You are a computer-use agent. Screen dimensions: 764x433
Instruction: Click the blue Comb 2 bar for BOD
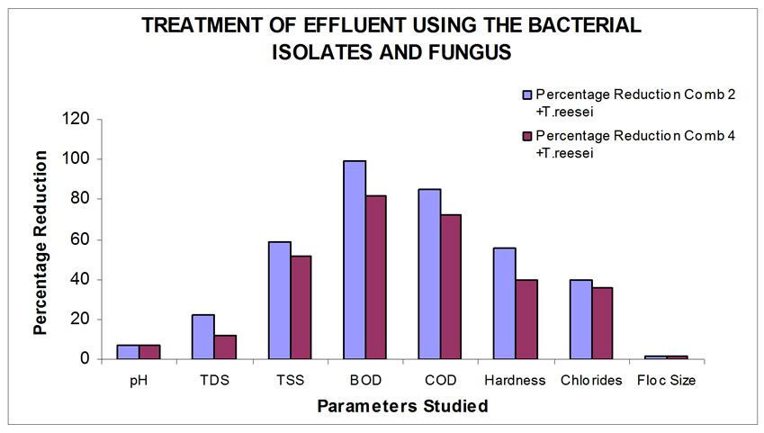tap(355, 260)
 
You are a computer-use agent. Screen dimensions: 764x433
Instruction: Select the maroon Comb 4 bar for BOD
tap(376, 277)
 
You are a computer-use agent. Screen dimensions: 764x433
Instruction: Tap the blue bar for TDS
tap(203, 337)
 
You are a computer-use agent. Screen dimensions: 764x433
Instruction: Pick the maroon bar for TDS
tap(225, 347)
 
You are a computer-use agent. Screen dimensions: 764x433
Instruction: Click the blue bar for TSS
tap(280, 301)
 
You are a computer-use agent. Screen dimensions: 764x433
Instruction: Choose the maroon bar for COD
tap(451, 286)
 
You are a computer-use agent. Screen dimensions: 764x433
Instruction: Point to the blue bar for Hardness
tap(505, 303)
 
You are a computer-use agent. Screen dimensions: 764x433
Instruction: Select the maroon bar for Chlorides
tap(602, 323)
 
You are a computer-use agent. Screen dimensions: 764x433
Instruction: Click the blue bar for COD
tap(430, 274)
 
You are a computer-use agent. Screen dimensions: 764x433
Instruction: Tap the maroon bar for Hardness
tap(526, 320)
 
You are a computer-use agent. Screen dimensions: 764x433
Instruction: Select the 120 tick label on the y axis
tap(76, 119)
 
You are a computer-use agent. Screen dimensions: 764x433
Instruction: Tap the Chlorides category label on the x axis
tap(591, 380)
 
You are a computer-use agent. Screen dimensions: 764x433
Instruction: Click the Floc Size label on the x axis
tap(666, 380)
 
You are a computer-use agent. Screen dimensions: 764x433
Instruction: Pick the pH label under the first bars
tap(139, 381)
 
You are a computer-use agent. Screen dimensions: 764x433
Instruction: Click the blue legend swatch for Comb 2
tap(527, 95)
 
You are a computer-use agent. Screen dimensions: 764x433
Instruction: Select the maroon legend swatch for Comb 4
tap(527, 136)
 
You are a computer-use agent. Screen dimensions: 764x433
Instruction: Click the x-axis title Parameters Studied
tap(402, 406)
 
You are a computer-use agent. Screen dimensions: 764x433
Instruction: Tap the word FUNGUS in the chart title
tap(470, 52)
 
